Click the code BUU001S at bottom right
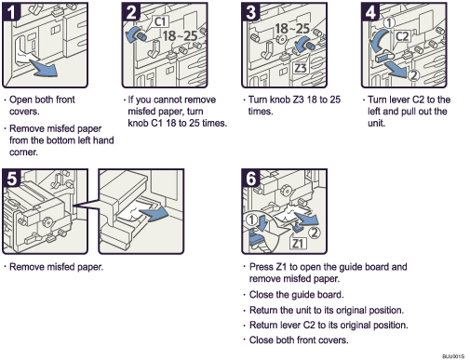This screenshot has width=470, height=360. point(452,354)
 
